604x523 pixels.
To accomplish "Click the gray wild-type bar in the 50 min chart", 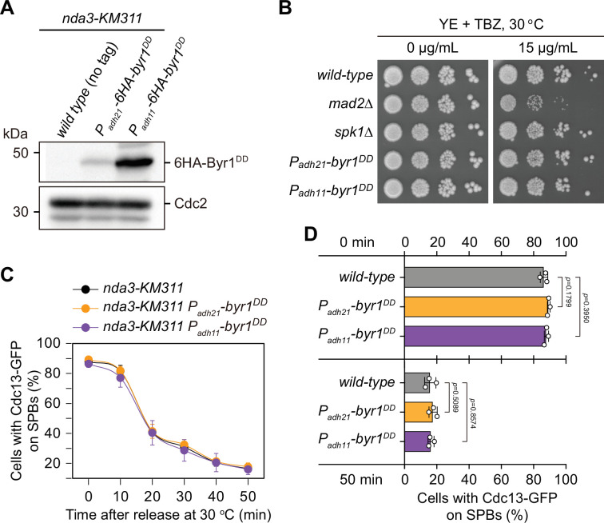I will pyautogui.click(x=417, y=382).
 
